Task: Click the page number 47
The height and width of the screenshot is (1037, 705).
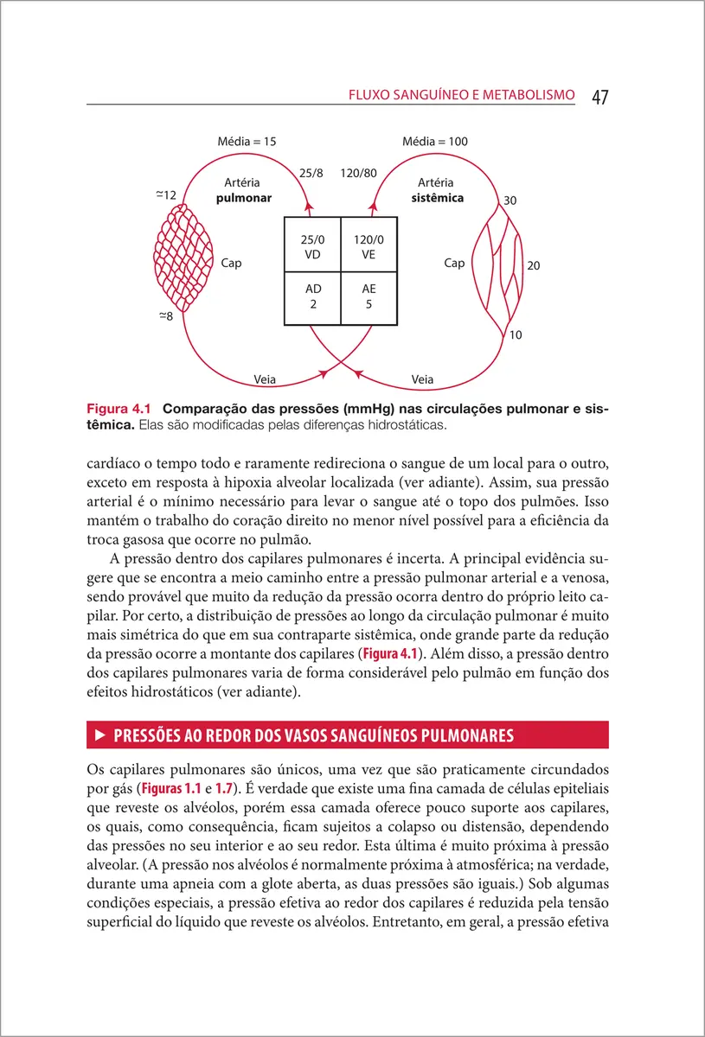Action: [599, 97]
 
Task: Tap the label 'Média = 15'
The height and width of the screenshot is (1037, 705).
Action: [247, 141]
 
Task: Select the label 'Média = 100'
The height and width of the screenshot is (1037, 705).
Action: [435, 141]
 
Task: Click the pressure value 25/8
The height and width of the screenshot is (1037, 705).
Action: [311, 173]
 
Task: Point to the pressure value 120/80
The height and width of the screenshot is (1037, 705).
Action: [358, 173]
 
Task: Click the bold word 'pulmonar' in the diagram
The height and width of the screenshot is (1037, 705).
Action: [244, 198]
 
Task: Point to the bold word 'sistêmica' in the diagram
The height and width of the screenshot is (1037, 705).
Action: [437, 198]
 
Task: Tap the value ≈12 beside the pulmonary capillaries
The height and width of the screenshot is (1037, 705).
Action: [166, 195]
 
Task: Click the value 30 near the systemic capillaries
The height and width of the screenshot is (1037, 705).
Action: [510, 200]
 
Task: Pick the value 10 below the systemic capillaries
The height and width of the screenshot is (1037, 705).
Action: [516, 334]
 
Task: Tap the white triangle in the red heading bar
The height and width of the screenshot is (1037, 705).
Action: [99, 735]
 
